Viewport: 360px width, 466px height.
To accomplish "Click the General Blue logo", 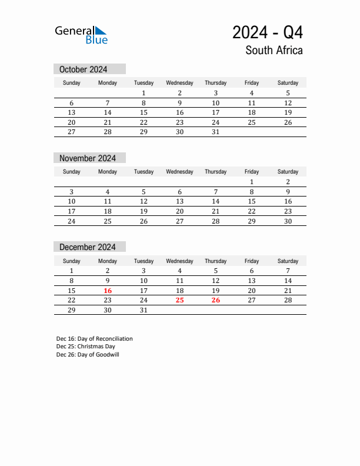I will (x=81, y=35).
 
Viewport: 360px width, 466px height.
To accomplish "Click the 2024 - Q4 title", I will (x=268, y=32).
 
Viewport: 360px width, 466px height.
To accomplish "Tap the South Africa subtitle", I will (x=274, y=51).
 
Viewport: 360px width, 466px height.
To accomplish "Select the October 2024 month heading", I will (x=83, y=69).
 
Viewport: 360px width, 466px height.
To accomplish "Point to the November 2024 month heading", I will (x=88, y=158).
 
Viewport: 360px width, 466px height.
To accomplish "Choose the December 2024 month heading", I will (x=88, y=247).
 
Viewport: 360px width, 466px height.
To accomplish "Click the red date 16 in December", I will (x=108, y=291).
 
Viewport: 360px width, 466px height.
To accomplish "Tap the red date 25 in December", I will (x=179, y=301).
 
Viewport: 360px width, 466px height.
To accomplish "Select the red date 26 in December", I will (x=215, y=301).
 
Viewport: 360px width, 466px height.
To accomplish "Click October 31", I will (x=215, y=132).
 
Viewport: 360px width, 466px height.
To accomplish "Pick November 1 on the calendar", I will (x=252, y=182).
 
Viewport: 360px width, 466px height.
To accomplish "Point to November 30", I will (x=288, y=222).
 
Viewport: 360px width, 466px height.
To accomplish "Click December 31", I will (x=144, y=310).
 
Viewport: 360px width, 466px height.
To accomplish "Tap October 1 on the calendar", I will (x=144, y=93).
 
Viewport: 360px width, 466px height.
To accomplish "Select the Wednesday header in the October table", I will (x=179, y=83).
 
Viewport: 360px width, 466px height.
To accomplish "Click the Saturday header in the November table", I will (x=288, y=172).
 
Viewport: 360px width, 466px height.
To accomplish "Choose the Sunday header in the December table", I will (x=72, y=261).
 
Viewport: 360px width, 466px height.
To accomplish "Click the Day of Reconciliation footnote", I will (x=95, y=339).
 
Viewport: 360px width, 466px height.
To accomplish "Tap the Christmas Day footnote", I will (x=86, y=347).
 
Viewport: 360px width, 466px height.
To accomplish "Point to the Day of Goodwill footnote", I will (x=88, y=355).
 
